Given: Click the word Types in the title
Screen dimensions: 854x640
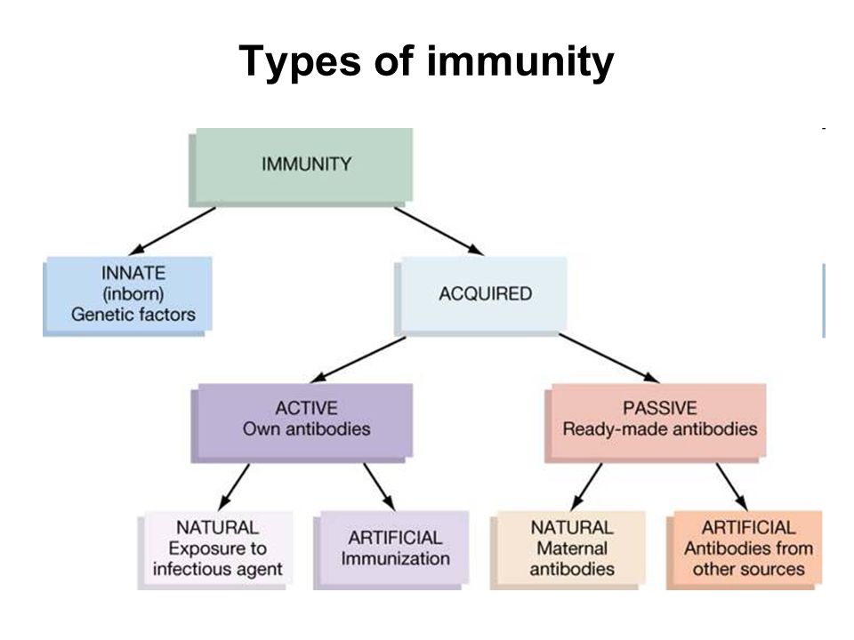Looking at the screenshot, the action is pyautogui.click(x=300, y=63).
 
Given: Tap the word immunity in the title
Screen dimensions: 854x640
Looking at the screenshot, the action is pyautogui.click(x=520, y=63).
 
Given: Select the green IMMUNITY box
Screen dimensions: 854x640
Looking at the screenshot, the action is pyautogui.click(x=301, y=167).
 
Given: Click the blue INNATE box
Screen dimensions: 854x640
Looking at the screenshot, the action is pyautogui.click(x=127, y=296).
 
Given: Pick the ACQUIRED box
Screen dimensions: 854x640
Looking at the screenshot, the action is pyautogui.click(x=480, y=296).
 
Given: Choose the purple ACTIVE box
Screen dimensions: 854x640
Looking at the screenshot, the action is pyautogui.click(x=302, y=423).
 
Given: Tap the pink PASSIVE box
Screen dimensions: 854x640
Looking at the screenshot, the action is pyautogui.click(x=656, y=423).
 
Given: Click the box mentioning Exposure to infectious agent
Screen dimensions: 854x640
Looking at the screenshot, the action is pyautogui.click(x=215, y=550).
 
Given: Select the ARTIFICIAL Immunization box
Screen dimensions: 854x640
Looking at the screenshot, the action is pyautogui.click(x=391, y=550).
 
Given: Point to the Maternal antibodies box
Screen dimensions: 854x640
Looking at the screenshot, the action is pyautogui.click(x=568, y=550).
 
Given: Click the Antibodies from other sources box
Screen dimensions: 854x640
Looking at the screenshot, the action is pyautogui.click(x=744, y=550).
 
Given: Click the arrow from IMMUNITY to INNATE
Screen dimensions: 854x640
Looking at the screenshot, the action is pyautogui.click(x=172, y=231).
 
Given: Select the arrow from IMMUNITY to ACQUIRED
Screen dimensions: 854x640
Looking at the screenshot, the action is pyautogui.click(x=439, y=231).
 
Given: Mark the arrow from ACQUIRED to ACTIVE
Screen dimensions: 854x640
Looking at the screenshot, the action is pyautogui.click(x=359, y=360).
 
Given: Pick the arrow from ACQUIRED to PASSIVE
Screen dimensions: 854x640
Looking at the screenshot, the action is pyautogui.click(x=608, y=358).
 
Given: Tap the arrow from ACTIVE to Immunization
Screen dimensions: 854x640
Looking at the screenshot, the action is pyautogui.click(x=379, y=487).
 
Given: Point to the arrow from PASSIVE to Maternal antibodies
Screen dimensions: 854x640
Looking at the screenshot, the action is pyautogui.click(x=586, y=487).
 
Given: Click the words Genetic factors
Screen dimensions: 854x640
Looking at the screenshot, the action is pyautogui.click(x=133, y=315).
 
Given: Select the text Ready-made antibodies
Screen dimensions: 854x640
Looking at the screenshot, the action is pyautogui.click(x=660, y=428).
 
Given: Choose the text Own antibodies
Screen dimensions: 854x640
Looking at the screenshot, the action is pyautogui.click(x=307, y=428).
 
